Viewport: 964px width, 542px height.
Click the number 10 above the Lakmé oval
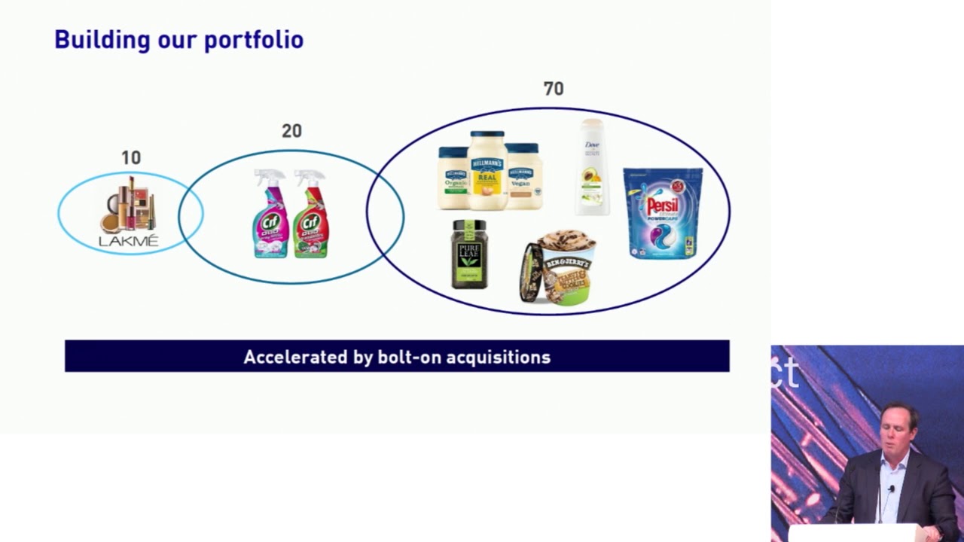click(131, 158)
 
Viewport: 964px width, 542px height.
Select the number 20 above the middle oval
click(291, 131)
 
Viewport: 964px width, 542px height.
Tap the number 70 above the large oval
click(554, 89)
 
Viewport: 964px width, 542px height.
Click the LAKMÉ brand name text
click(129, 241)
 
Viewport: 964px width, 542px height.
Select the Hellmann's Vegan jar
click(523, 177)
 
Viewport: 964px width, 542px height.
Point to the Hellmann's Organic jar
click(453, 179)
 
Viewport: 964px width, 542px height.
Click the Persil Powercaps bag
click(663, 214)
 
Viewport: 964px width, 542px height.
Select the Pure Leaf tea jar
click(469, 254)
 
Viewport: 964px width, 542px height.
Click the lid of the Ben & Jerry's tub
click(531, 273)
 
